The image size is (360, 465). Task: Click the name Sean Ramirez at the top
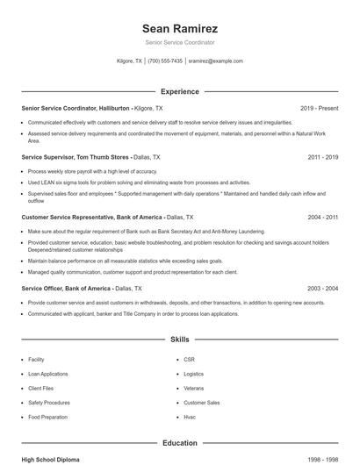(x=179, y=28)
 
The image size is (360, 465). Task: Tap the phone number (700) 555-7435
(x=165, y=61)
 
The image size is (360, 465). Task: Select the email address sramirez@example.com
(x=215, y=61)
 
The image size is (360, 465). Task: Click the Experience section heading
(x=179, y=91)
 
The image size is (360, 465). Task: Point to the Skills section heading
(x=179, y=338)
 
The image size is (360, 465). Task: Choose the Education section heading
(x=179, y=443)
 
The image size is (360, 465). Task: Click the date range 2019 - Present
(x=319, y=108)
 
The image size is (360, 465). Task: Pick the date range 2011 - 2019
(x=323, y=157)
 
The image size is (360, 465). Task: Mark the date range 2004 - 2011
(x=323, y=216)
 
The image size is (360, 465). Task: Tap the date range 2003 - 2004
(x=323, y=288)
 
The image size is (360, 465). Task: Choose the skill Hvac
(x=191, y=416)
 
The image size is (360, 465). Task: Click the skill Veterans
(x=193, y=388)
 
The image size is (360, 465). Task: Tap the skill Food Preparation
(x=47, y=416)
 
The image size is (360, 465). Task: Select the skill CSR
(x=189, y=360)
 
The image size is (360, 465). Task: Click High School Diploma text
(x=51, y=459)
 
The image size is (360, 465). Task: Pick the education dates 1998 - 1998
(x=322, y=459)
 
